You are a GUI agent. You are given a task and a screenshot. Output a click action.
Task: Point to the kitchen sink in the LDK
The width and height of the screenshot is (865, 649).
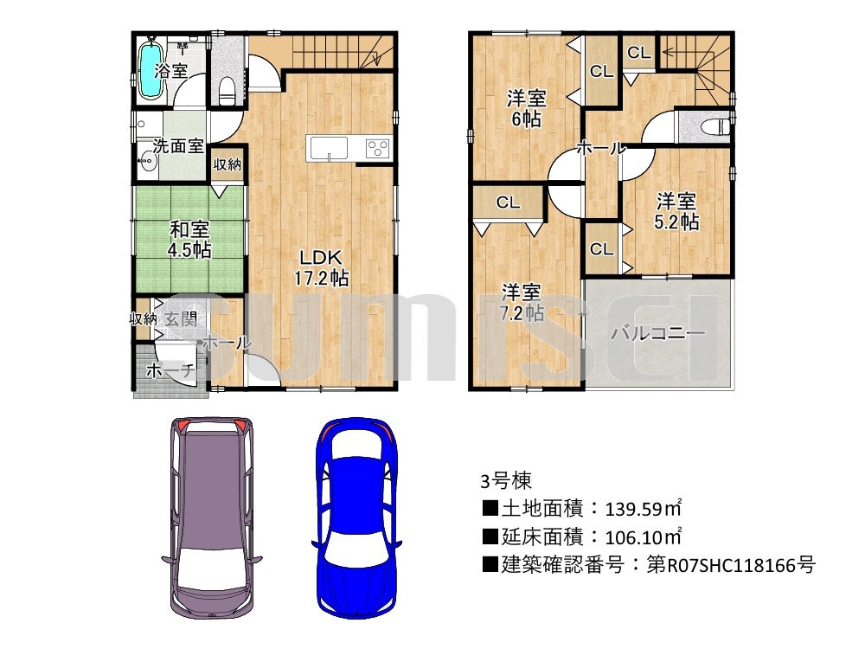point(329,148)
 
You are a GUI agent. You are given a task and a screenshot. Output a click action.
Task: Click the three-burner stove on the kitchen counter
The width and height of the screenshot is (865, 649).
point(377,148)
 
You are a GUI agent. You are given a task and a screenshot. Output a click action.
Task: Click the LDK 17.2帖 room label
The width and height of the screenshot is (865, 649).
point(321,267)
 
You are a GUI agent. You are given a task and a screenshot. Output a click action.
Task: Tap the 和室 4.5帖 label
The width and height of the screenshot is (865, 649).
point(189,239)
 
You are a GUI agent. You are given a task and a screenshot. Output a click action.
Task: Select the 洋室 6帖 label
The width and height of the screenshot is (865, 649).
point(526,108)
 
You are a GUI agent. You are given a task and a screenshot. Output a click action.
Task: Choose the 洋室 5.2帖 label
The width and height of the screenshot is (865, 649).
point(676,211)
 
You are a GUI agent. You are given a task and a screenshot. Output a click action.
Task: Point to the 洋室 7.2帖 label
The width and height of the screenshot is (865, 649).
point(522,302)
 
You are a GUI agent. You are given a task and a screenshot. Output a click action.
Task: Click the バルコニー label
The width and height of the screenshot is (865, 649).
point(657,333)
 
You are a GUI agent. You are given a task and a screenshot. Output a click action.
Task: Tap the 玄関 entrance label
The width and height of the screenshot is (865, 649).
point(181,318)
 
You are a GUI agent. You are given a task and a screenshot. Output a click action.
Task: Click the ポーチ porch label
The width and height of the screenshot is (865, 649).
point(170,370)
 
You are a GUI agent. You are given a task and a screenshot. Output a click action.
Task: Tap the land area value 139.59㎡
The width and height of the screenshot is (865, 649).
point(644,508)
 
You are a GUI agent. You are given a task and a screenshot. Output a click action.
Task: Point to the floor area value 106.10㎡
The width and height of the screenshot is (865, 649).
point(644,537)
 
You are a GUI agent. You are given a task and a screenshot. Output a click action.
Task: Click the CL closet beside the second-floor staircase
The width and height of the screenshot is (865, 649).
point(639,53)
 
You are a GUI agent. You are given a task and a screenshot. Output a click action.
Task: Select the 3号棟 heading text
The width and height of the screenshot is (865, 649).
point(505,480)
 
